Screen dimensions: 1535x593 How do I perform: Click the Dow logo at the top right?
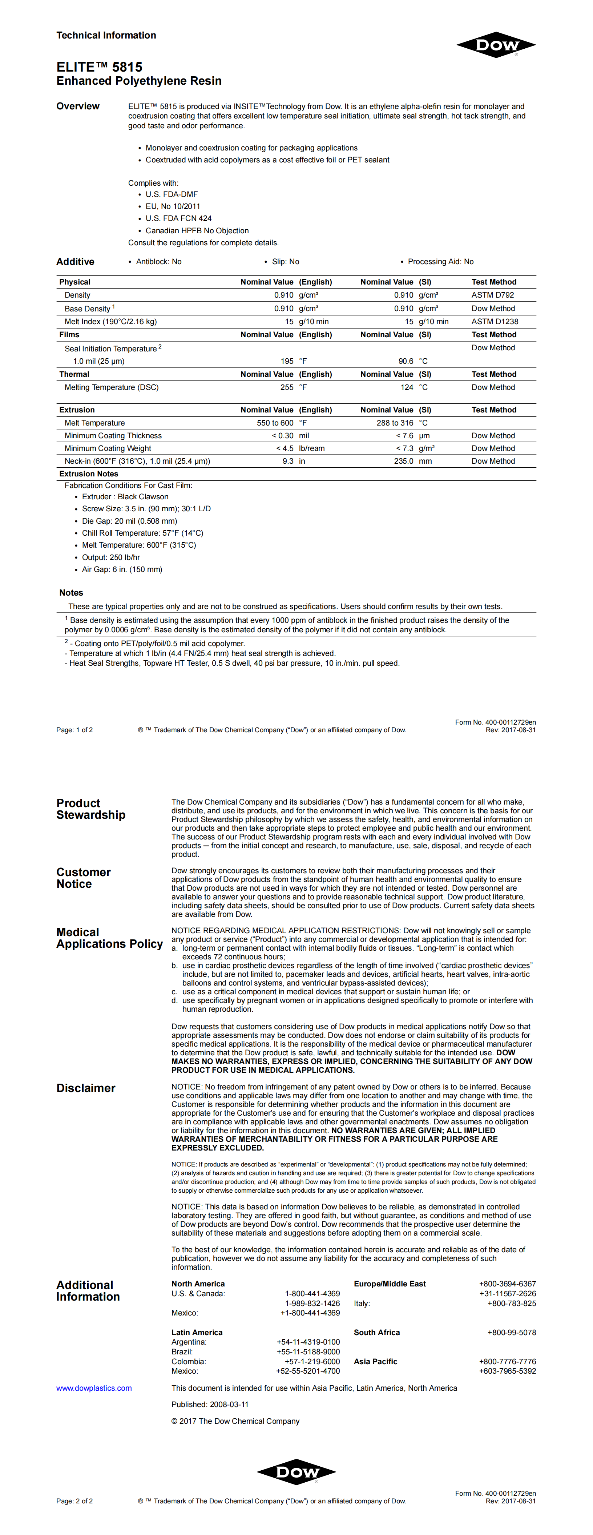point(496,45)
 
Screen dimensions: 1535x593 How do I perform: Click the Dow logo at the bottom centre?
point(296,1472)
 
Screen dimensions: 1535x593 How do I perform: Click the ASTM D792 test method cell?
point(492,295)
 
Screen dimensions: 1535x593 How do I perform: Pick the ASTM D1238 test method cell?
point(494,321)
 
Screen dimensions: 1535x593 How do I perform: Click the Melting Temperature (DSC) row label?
point(112,387)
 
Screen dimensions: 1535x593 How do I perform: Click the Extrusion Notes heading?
point(88,474)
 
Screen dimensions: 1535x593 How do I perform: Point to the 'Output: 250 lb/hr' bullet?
point(111,557)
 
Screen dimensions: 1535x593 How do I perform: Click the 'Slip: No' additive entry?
point(286,262)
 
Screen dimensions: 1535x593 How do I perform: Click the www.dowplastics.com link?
point(94,1388)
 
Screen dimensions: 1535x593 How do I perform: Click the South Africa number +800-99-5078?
point(511,1332)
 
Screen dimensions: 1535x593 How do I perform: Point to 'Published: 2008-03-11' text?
point(210,1405)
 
